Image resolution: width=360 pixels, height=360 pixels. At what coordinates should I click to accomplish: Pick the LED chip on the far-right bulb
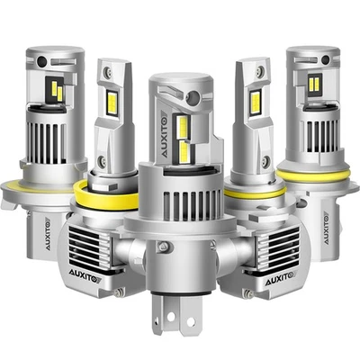(314, 85)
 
